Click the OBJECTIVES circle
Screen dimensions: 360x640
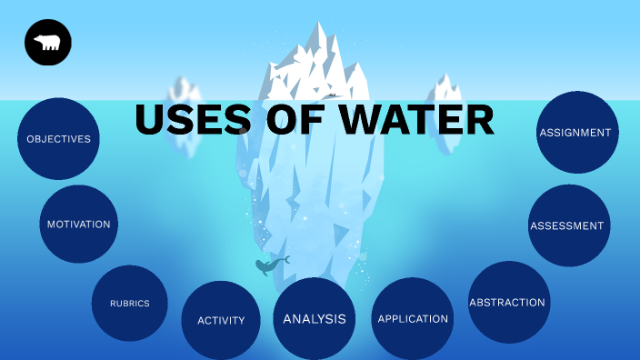tap(58, 139)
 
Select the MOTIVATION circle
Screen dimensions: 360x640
tap(79, 224)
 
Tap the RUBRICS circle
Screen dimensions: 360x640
tap(129, 303)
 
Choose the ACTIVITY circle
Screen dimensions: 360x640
tap(221, 320)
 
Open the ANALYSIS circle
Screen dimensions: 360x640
tap(315, 318)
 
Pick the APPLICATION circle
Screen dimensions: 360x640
tap(413, 318)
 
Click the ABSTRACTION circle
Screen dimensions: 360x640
tap(507, 302)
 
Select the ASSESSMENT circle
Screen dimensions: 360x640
tap(567, 225)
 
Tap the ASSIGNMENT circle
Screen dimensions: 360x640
tap(575, 133)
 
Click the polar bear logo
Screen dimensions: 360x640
tap(48, 42)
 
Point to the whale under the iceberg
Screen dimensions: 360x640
tap(269, 265)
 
